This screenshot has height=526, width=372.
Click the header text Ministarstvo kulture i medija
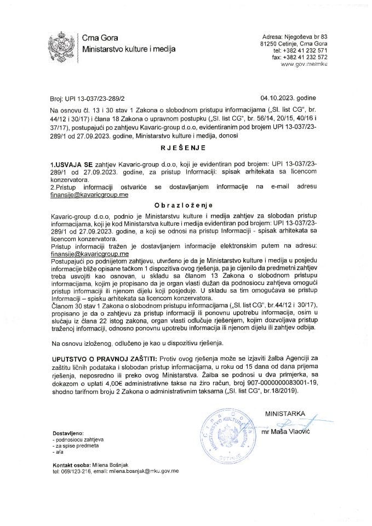coord(129,49)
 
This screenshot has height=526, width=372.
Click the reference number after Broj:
coord(96,100)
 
